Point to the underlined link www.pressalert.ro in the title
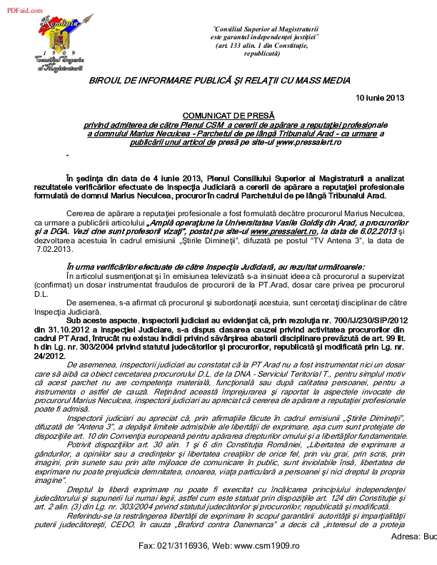pyautogui.click(x=311, y=143)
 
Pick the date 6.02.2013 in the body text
pyautogui.click(x=371, y=232)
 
